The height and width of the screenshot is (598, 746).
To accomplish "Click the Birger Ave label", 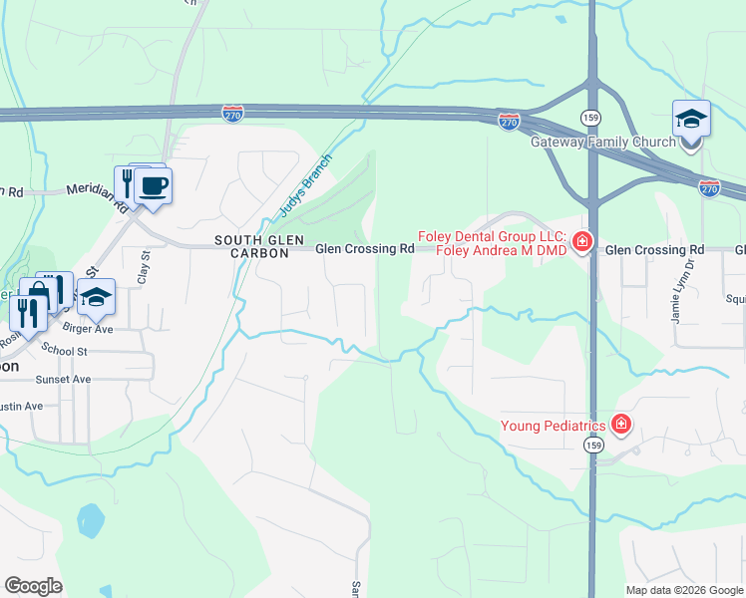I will (89, 328).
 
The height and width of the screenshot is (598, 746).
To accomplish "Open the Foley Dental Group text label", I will (492, 243).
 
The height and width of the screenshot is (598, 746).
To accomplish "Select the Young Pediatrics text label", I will (554, 427).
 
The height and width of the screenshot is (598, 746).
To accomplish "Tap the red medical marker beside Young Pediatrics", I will (621, 426).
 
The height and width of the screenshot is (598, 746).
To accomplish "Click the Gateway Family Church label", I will (602, 143).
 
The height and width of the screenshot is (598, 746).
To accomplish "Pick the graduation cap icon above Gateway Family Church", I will (691, 121).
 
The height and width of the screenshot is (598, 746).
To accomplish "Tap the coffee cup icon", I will (153, 186).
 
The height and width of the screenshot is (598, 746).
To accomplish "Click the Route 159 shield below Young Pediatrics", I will (593, 446).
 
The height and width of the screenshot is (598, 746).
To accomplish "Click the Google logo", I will (33, 586).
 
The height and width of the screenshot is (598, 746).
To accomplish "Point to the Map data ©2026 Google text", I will (683, 590).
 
